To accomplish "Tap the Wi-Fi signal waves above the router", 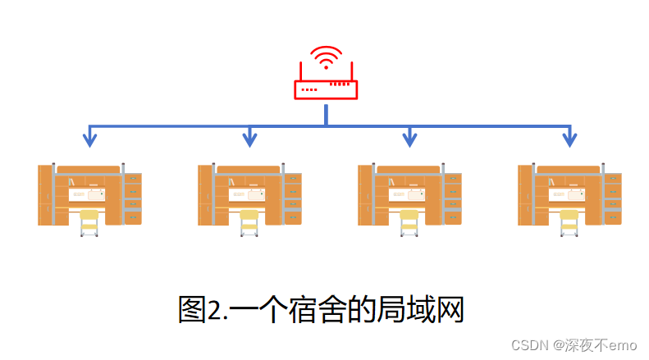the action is [326, 57].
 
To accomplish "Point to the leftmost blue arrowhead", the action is [89, 140].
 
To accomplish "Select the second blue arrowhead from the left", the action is [249, 140].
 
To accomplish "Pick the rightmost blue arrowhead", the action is [569, 140].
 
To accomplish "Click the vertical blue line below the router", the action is [326, 114].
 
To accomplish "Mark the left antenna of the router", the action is [299, 71].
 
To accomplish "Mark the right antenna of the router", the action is [352, 71].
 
